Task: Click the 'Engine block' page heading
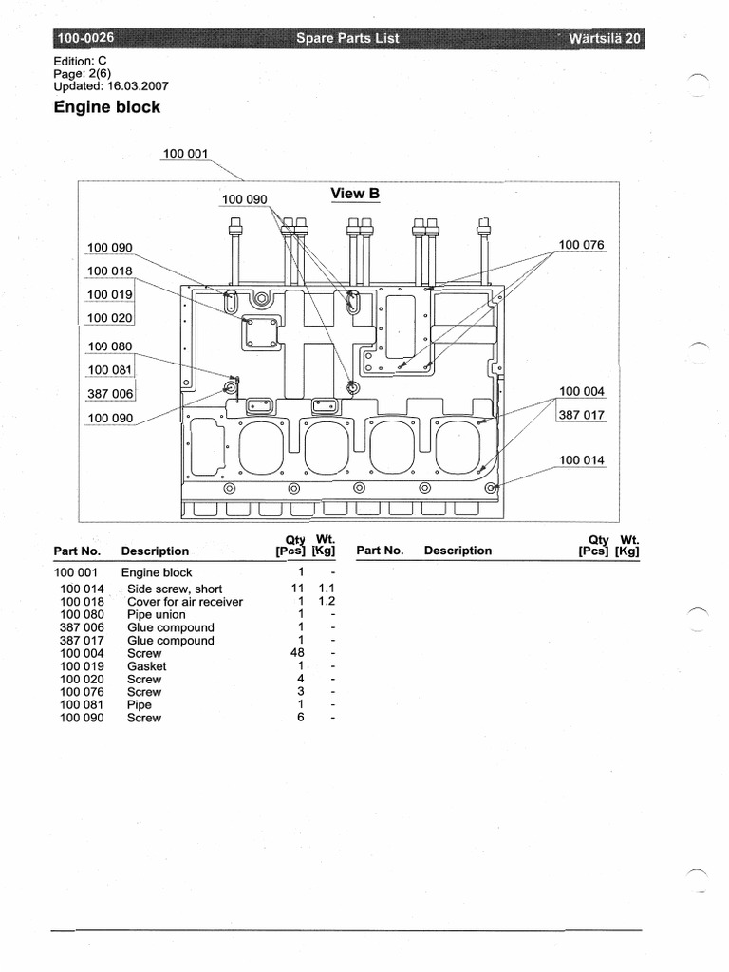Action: tap(107, 107)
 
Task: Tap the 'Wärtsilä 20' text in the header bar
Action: tap(606, 39)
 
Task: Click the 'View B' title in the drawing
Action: tap(355, 194)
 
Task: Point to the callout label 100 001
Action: tap(185, 153)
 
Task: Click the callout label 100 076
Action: tap(581, 245)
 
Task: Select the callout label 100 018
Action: tap(110, 271)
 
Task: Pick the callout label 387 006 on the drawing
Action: tap(110, 393)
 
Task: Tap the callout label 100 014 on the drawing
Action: tap(581, 460)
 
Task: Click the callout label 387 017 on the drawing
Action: tap(581, 415)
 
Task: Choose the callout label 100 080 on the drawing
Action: tap(110, 346)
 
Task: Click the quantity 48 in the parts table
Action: tap(296, 653)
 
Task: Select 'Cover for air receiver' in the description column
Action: tap(185, 602)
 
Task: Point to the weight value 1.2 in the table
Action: tap(327, 602)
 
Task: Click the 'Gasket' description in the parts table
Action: tap(146, 666)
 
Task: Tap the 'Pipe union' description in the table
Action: tap(157, 615)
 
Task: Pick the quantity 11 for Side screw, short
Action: tap(296, 589)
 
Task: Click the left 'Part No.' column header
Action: tap(77, 551)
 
